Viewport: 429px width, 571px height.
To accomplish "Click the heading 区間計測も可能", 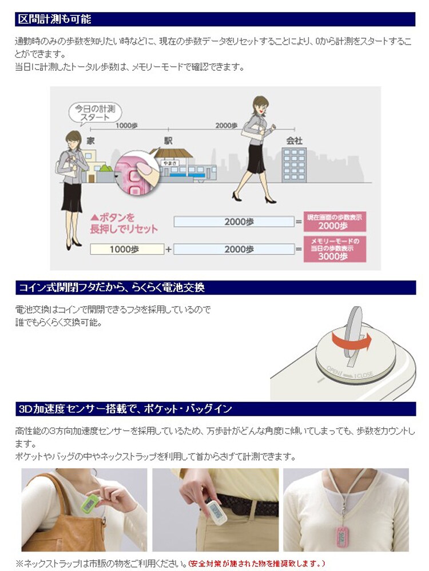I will (x=55, y=19).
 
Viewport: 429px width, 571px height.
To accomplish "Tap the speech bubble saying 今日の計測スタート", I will (x=96, y=111).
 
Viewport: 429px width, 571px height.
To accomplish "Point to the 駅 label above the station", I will (x=168, y=140).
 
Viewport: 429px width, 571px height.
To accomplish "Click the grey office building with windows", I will (x=294, y=164).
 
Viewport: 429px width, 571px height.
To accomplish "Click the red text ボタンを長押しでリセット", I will (x=124, y=223).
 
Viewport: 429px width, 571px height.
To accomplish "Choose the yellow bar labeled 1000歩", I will (x=126, y=249).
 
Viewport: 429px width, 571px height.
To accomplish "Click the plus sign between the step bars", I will (x=168, y=249).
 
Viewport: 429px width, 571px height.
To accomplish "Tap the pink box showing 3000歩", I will (x=335, y=248).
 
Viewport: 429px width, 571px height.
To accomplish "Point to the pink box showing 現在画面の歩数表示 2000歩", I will (x=335, y=222).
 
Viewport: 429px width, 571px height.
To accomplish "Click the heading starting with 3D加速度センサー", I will (x=125, y=409).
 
